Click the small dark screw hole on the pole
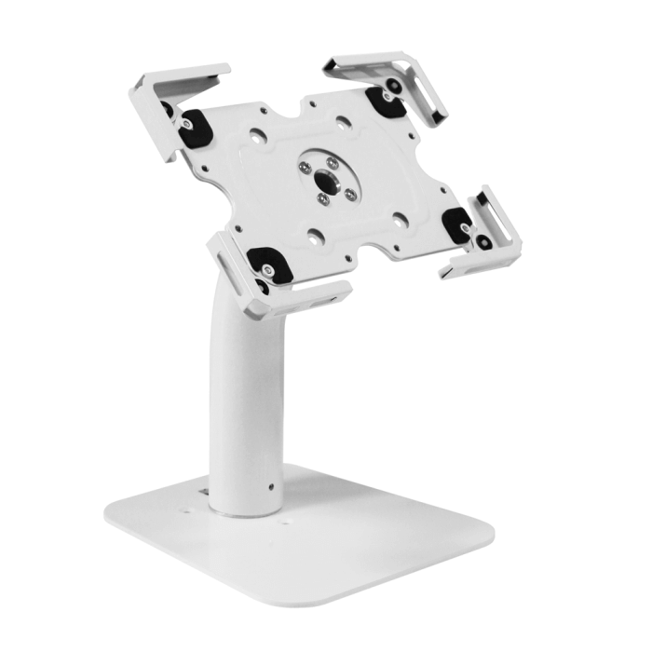(270, 485)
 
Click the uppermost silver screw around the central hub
(332, 160)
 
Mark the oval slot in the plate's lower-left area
(317, 234)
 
